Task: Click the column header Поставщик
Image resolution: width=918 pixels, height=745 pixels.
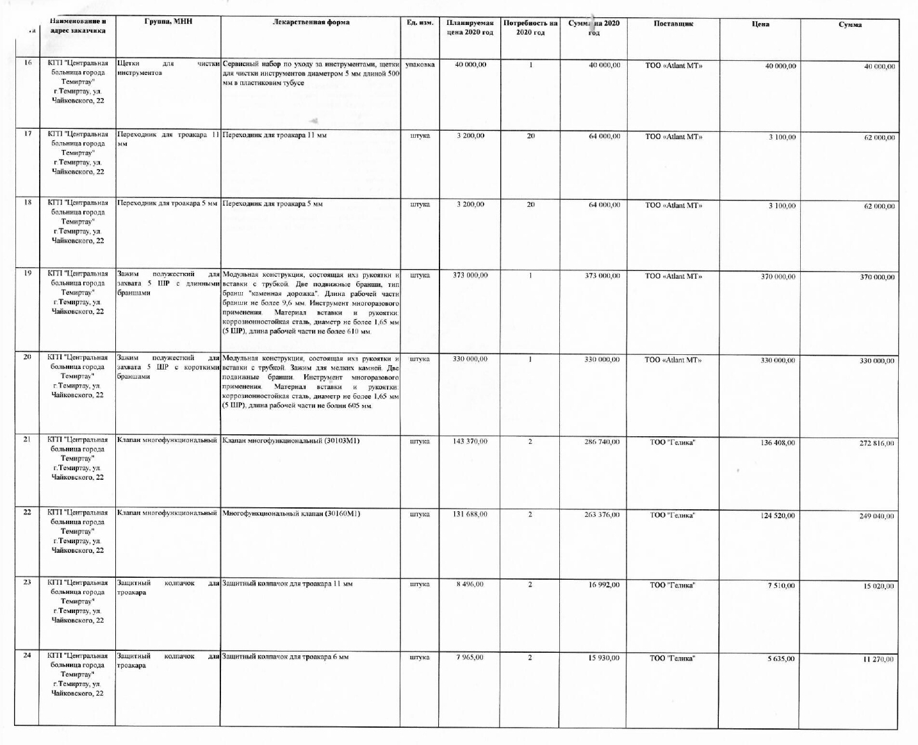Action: (673, 24)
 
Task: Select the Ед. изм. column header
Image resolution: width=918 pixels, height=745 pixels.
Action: (420, 23)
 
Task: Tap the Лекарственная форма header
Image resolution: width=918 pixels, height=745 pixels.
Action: (311, 22)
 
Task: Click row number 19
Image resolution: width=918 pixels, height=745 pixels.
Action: (28, 273)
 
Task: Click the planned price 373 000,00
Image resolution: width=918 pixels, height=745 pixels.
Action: (470, 275)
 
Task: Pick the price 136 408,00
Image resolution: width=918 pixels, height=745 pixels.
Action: (778, 443)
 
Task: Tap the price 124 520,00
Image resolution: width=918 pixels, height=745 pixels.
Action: (778, 516)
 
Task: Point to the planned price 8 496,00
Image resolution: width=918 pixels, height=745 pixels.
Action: (470, 584)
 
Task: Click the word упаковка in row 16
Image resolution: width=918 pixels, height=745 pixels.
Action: (420, 65)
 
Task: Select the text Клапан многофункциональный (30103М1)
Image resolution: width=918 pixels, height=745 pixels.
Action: (291, 441)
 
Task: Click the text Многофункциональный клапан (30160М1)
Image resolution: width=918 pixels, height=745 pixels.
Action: (291, 514)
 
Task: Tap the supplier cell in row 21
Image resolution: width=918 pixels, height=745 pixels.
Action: (672, 443)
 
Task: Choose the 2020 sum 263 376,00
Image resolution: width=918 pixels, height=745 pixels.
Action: (602, 514)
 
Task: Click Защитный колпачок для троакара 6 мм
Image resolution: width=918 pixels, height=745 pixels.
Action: (285, 657)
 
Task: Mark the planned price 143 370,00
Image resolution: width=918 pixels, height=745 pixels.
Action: (470, 441)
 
